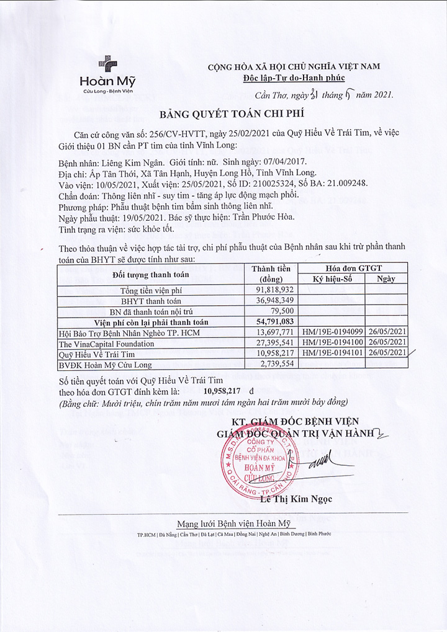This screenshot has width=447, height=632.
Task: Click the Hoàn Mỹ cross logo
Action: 107,65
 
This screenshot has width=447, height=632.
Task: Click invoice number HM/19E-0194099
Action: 332,333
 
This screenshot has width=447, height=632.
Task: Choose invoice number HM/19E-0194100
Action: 332,343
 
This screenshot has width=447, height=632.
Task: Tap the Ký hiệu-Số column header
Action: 332,279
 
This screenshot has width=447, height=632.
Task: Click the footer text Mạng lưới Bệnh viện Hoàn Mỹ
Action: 233,522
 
